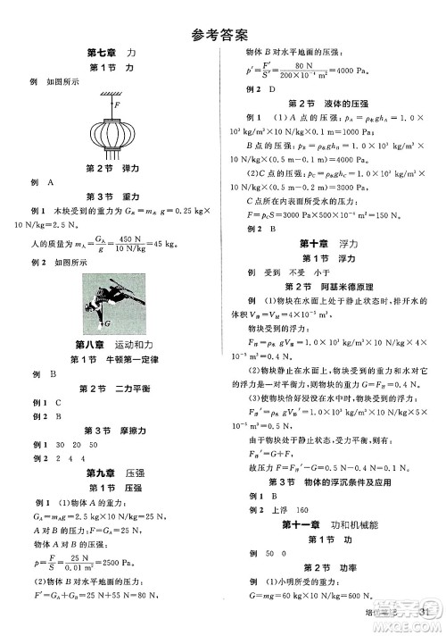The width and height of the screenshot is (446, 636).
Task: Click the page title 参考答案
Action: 222,35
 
